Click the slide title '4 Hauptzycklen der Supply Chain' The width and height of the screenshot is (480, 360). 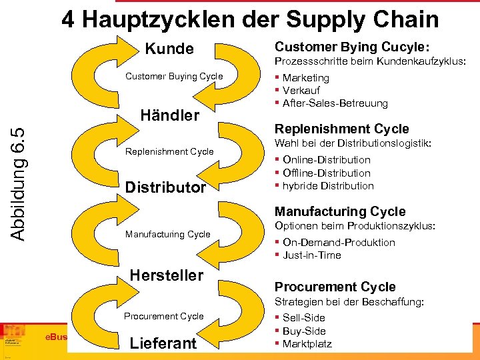[251, 20]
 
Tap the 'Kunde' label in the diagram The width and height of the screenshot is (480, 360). [170, 49]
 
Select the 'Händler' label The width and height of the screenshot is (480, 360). [170, 115]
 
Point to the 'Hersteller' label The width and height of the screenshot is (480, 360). [166, 275]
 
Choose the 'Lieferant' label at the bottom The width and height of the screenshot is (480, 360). [163, 343]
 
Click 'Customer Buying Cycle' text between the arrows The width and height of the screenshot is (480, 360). [175, 76]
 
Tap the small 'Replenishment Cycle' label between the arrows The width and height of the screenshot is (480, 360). [170, 151]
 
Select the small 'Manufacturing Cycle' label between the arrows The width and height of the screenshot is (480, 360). [168, 234]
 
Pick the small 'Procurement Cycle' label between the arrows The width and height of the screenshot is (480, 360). [164, 316]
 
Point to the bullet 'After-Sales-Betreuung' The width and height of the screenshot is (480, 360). [335, 103]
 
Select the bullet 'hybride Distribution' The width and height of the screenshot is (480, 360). [328, 186]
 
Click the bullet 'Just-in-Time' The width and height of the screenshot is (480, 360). [311, 255]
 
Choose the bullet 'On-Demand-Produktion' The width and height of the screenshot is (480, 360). [339, 243]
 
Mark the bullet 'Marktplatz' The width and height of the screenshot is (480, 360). [307, 344]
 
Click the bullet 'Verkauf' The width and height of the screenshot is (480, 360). [301, 91]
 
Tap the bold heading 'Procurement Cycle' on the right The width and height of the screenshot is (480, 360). [335, 287]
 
